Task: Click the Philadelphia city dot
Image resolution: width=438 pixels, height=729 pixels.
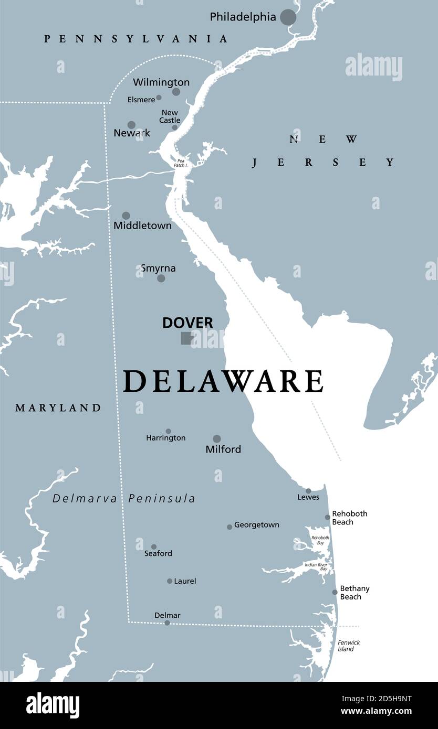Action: click(x=288, y=17)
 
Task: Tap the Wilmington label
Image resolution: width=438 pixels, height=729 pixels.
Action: click(x=161, y=82)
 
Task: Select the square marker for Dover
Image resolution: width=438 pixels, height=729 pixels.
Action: click(x=186, y=338)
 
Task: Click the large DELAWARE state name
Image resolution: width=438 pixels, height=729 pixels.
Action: click(x=223, y=381)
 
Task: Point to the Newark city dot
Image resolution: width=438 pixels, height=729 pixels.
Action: click(x=131, y=125)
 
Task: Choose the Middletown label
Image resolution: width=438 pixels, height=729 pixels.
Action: click(x=142, y=226)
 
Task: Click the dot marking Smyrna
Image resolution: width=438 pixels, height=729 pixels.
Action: click(x=161, y=278)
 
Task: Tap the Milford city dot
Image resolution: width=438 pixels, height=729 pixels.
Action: click(x=217, y=438)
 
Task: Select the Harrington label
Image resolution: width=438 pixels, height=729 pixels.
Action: click(x=165, y=438)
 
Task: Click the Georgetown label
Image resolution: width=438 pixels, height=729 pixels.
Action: click(x=256, y=525)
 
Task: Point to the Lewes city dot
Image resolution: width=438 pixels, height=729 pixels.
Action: click(x=308, y=491)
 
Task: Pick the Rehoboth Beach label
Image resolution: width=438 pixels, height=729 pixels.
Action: click(x=349, y=518)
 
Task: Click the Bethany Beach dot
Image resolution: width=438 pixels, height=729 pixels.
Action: click(x=335, y=592)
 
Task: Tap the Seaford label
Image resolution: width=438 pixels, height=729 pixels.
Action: click(x=158, y=553)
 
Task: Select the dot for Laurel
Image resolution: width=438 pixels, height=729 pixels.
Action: click(x=170, y=581)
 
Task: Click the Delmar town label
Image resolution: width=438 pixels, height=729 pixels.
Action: click(x=167, y=615)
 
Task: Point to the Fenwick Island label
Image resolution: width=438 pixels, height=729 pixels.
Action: click(x=349, y=646)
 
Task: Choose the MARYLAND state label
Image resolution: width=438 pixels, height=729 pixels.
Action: click(x=58, y=408)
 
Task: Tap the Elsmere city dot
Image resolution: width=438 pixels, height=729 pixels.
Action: click(x=159, y=98)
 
